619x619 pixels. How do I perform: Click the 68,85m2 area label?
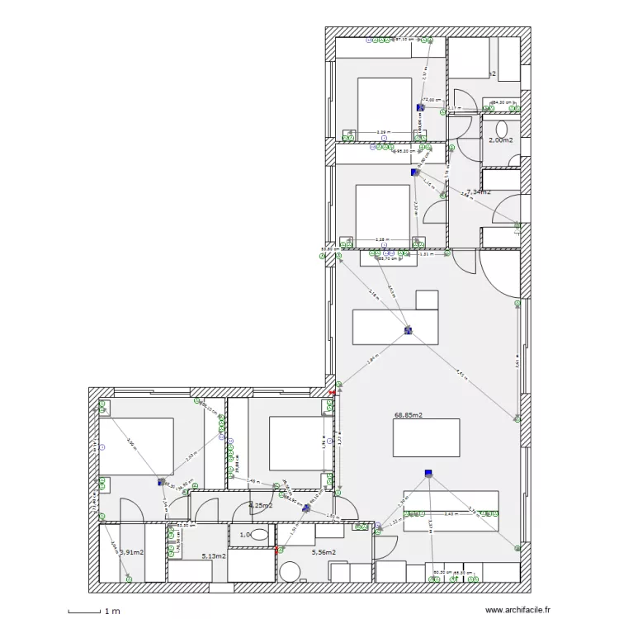point(409,415)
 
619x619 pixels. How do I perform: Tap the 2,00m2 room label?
point(500,140)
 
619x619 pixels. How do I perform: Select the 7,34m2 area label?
point(478,191)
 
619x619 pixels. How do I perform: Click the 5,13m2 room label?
point(214,557)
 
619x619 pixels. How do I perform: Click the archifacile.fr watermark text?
point(517,610)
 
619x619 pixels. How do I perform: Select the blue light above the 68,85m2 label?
point(408,330)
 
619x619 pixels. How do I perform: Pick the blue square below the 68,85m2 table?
point(428,473)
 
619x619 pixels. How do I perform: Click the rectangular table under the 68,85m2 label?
point(426,437)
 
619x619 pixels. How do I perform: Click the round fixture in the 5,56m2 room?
point(290,572)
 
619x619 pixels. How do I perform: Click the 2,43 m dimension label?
point(450,513)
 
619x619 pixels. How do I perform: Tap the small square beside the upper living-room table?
point(426,299)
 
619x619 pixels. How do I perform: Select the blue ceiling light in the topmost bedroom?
point(420,107)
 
